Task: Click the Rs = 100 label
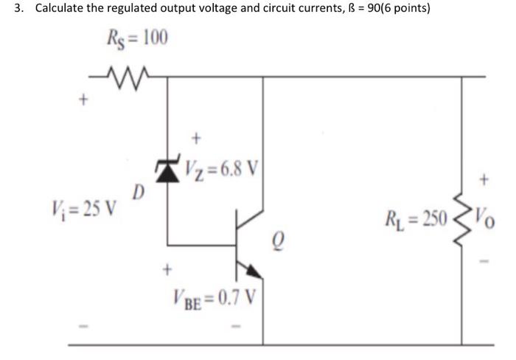tap(138, 38)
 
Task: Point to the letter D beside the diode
tap(137, 194)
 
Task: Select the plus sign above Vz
tap(195, 136)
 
